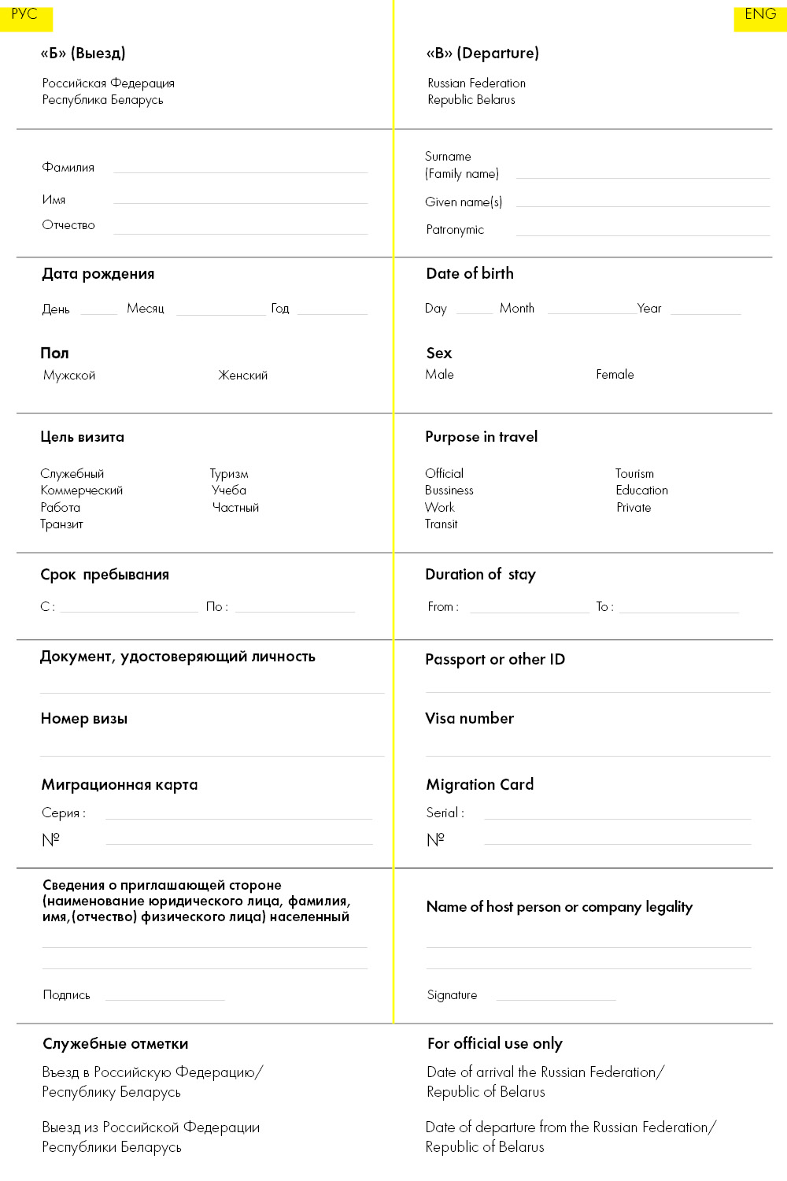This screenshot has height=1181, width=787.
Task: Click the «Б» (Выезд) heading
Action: tap(83, 54)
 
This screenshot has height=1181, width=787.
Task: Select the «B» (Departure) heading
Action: tap(482, 54)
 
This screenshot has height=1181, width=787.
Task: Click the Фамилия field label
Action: tap(68, 168)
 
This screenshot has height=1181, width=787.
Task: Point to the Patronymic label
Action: tap(455, 230)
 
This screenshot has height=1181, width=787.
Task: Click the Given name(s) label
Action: tap(464, 202)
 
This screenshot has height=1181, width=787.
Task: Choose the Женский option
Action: tap(242, 376)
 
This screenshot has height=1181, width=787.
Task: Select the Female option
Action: tap(615, 375)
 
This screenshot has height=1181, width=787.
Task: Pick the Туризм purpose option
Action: tap(229, 474)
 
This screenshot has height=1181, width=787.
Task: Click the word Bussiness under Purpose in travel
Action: tap(449, 491)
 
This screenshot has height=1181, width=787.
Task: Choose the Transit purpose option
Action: tap(442, 524)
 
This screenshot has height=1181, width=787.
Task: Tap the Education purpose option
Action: tap(641, 491)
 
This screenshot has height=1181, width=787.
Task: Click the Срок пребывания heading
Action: tap(105, 575)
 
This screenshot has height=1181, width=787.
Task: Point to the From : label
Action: tap(443, 607)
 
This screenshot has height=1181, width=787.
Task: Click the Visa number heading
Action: tap(470, 718)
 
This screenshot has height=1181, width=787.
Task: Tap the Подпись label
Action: tap(67, 995)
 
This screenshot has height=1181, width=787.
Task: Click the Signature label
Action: tap(453, 995)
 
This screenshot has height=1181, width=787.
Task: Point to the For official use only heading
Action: tap(495, 1044)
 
